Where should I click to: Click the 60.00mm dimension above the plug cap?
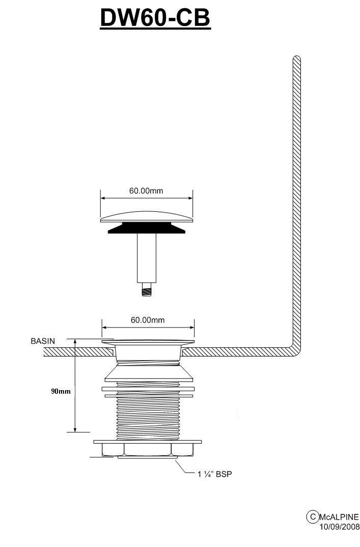[x=146, y=191]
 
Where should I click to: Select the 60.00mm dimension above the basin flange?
[x=148, y=320]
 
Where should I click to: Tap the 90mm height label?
[x=61, y=392]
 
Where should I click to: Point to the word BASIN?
[x=43, y=341]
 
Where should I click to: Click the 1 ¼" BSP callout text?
[x=214, y=474]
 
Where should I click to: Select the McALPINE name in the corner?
[x=339, y=516]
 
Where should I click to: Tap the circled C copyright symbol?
[x=313, y=516]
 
